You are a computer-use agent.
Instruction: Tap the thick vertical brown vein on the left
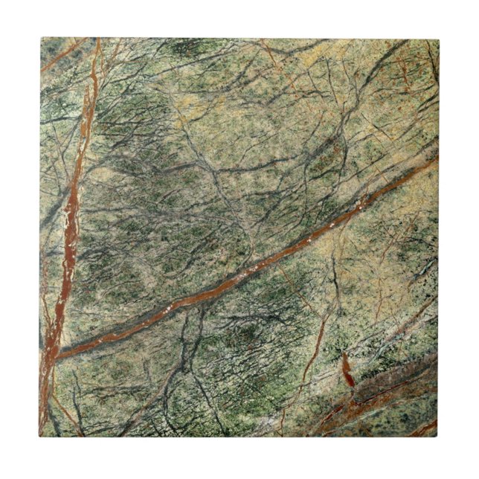pos(71,223)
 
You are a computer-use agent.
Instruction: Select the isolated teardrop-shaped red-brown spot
pos(347,370)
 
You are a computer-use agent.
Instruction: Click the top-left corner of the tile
pos(40,38)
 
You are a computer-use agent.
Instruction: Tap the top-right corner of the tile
pos(438,38)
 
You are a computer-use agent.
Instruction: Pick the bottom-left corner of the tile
pos(40,437)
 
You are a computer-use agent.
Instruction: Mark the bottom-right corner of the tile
pos(438,437)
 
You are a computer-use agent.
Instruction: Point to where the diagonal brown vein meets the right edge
pos(437,158)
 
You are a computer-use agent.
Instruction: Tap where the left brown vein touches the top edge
pos(97,40)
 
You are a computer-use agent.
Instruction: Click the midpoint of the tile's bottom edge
pos(239,437)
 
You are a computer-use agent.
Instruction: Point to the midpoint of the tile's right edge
pos(438,237)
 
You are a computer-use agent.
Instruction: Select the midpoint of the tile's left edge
pos(40,237)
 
